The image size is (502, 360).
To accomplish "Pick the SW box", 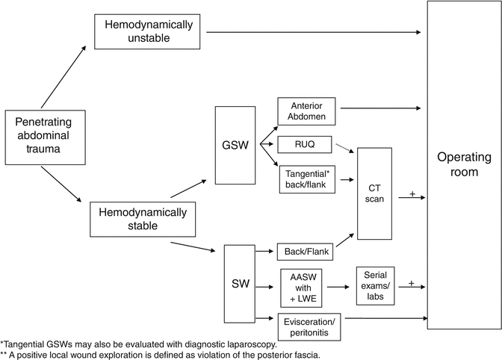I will coord(241,284).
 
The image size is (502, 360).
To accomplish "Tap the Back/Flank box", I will coord(305,252).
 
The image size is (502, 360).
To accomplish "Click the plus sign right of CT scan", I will coord(412,194).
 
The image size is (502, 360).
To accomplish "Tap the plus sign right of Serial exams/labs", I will coord(412,282).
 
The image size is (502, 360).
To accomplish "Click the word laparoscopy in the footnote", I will coord(252,344).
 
